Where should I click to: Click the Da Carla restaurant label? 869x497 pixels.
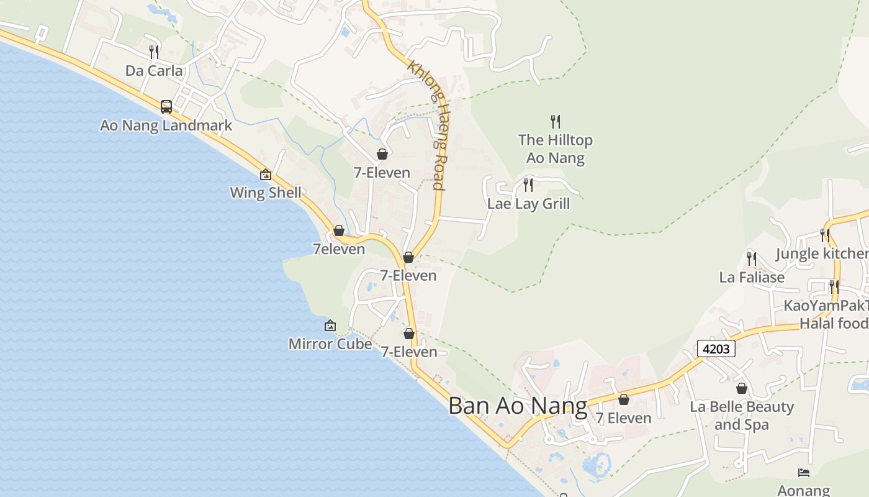pyautogui.click(x=154, y=71)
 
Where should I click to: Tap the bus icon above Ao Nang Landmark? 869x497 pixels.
pyautogui.click(x=166, y=107)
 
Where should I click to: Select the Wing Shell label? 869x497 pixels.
pyautogui.click(x=266, y=193)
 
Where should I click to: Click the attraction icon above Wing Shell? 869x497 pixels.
pyautogui.click(x=266, y=175)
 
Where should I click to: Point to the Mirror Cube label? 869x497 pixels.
pyautogui.click(x=330, y=344)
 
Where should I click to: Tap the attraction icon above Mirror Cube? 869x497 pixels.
pyautogui.click(x=330, y=326)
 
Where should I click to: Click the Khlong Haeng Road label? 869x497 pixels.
pyautogui.click(x=426, y=124)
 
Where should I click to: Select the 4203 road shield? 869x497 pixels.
pyautogui.click(x=716, y=349)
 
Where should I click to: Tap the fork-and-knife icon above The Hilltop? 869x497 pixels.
pyautogui.click(x=556, y=122)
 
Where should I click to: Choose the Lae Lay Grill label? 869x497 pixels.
pyautogui.click(x=528, y=204)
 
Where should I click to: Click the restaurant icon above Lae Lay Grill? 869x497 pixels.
pyautogui.click(x=528, y=185)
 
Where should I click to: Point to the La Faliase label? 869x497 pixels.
pyautogui.click(x=752, y=277)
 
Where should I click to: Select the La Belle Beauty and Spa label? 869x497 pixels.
pyautogui.click(x=742, y=416)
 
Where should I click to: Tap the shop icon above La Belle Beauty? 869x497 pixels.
pyautogui.click(x=742, y=389)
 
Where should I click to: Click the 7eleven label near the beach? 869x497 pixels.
pyautogui.click(x=339, y=249)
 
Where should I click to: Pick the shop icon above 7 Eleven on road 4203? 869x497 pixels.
pyautogui.click(x=624, y=399)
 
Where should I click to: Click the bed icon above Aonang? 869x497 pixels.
pyautogui.click(x=804, y=473)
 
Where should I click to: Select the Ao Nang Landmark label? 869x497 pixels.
pyautogui.click(x=166, y=125)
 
